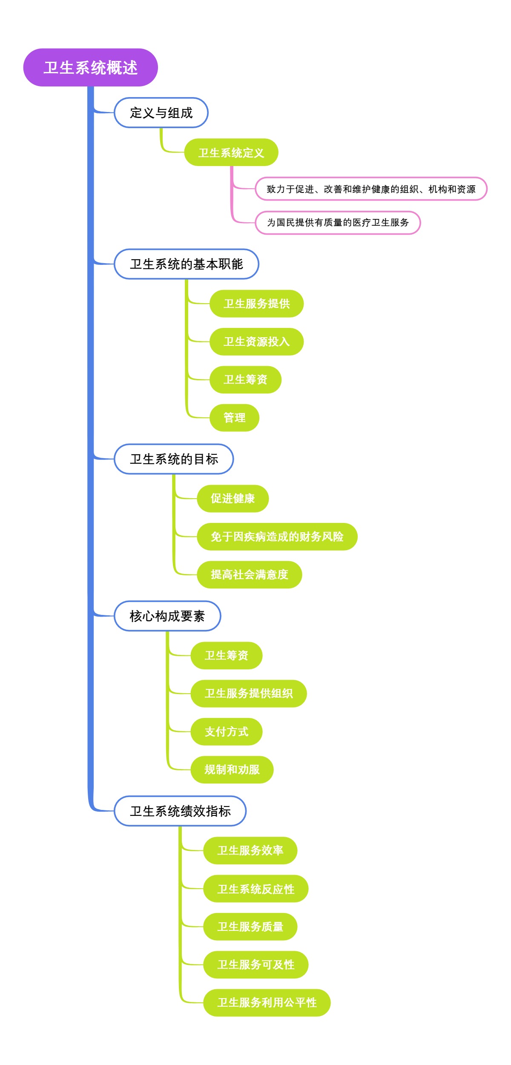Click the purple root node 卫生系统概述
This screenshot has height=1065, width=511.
90,68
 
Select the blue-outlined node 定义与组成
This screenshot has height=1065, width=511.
161,113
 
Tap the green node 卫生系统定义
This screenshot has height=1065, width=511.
231,152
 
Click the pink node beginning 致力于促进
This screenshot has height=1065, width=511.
370,189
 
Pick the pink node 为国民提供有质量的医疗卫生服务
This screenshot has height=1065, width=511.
338,223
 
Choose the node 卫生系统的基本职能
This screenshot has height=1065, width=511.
186,264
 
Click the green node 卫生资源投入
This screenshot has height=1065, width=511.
256,342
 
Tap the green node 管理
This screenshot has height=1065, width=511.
234,418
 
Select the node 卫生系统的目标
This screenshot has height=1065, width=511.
174,459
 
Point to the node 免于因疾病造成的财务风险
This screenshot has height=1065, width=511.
277,537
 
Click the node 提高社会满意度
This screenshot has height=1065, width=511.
249,575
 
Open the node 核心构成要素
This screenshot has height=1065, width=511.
167,616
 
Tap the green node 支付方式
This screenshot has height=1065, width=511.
226,732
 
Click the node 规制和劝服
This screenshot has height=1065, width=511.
232,770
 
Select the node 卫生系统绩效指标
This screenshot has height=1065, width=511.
180,811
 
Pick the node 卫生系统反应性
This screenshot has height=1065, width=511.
255,889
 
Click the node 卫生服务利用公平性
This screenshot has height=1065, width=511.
267,1003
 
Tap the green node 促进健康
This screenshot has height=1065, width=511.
233,499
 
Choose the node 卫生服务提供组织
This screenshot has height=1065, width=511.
248,694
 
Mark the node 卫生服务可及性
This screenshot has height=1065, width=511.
255,965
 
